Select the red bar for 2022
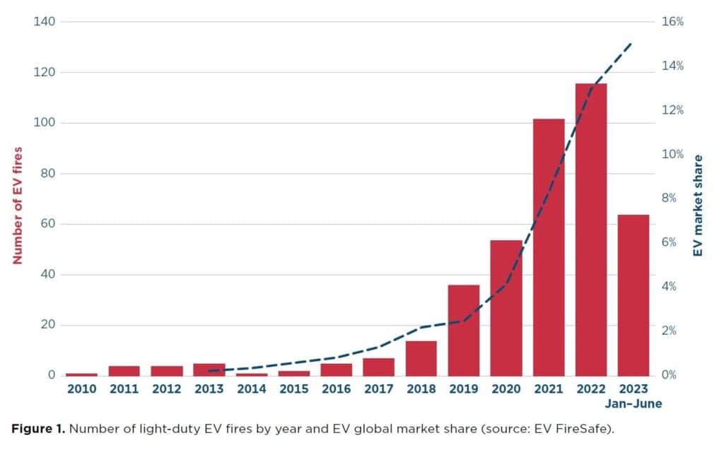(x=591, y=230)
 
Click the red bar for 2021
(x=549, y=247)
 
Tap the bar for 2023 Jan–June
(x=633, y=295)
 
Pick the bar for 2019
(x=464, y=330)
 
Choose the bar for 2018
(x=421, y=358)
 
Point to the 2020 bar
(x=506, y=308)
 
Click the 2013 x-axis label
(x=209, y=389)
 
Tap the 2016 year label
(x=336, y=389)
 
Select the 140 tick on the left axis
(x=44, y=22)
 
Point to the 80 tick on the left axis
(x=47, y=173)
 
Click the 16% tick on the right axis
(x=672, y=22)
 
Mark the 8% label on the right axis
(x=669, y=198)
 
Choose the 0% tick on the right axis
(x=669, y=375)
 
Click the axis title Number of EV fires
(x=18, y=206)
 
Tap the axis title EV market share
(x=698, y=206)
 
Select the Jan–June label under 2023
(x=633, y=404)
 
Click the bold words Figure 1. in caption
(x=38, y=429)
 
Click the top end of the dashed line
(x=631, y=43)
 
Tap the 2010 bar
(x=82, y=374)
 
